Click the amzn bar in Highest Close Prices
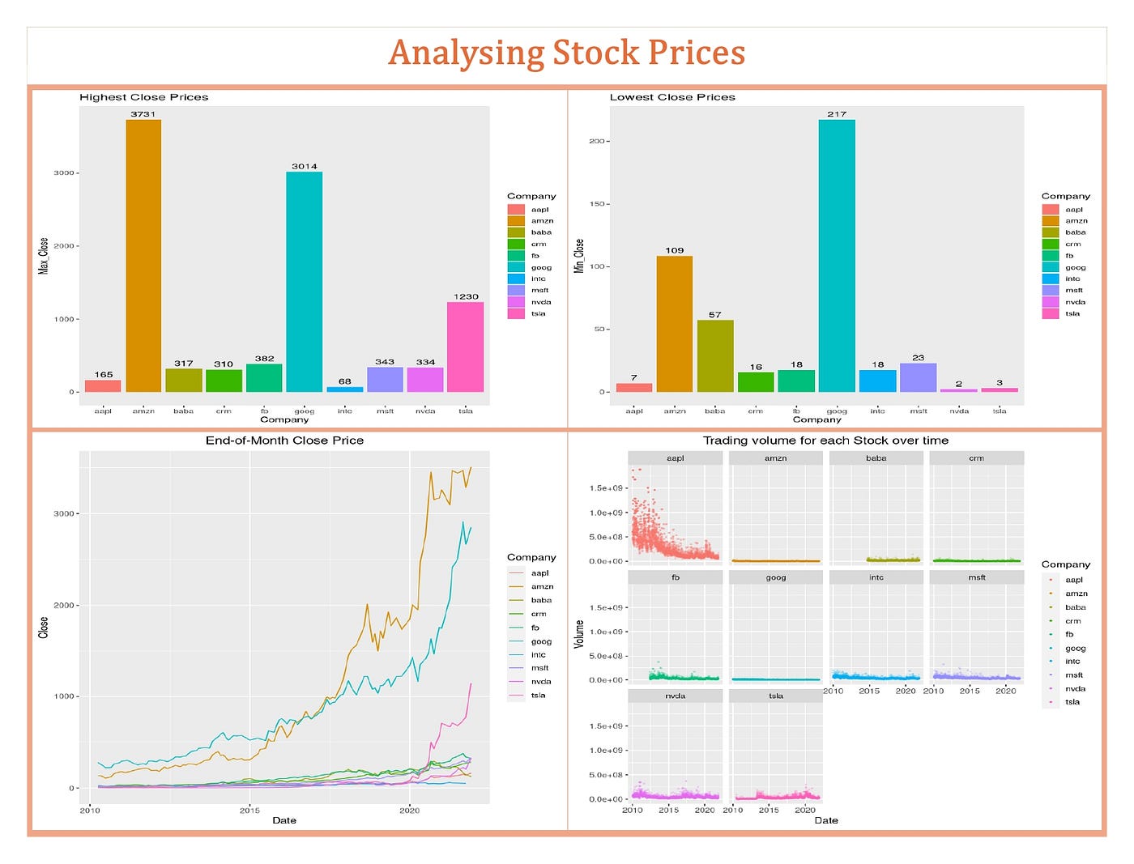pos(143,256)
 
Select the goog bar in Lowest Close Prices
pos(837,256)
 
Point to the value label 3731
pos(143,114)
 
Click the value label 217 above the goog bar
pos(837,114)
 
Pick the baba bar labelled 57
pos(715,356)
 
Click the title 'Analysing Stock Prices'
pos(566,53)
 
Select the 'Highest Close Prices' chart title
pos(144,97)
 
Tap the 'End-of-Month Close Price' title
pos(284,441)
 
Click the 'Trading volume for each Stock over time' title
pos(825,441)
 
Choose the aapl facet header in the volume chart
pos(675,458)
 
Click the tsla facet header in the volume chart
pos(776,696)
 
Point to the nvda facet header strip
pos(675,696)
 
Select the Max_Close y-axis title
pos(44,256)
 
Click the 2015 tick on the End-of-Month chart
pos(249,810)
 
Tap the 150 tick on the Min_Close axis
pos(597,204)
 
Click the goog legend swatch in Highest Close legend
pos(516,267)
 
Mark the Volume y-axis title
pos(579,633)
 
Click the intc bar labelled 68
pos(345,389)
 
